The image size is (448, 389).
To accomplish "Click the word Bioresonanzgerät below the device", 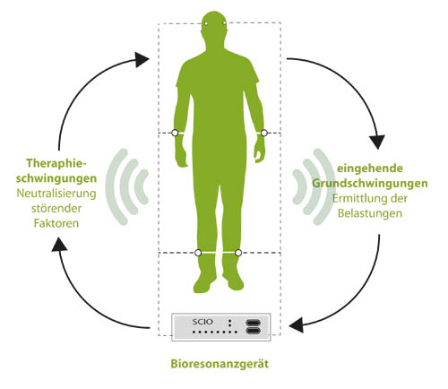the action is pos(220,364).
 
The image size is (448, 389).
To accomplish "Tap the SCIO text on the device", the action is pos(202,322).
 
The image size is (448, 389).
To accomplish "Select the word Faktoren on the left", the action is pos(56,223).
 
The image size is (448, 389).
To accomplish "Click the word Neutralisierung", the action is pos(56,194).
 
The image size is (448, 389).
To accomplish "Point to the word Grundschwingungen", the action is pos(370,184).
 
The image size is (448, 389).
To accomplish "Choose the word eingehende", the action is pos(370,169).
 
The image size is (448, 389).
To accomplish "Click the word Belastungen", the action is pos(370,213).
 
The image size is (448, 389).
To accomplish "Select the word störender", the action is pos(56,208).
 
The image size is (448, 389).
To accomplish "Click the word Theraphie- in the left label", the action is pos(56,163).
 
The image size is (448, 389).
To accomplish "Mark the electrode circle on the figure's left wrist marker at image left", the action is pos(175,133).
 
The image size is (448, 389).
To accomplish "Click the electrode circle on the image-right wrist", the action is pos(264,133).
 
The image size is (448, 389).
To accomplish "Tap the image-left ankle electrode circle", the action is pos(198,253).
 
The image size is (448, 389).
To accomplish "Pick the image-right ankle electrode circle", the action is pos(238,253).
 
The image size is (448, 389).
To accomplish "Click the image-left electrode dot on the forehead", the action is pos(206,23).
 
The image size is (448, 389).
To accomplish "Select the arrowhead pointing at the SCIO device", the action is pos(297,324).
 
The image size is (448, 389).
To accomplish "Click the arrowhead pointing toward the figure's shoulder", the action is pos(142,59).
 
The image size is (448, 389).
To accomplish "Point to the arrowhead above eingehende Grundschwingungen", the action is pos(377,142).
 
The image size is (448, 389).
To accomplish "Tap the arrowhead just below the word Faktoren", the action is pos(59,244).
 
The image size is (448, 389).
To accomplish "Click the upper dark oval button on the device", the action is pos(254,323).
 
